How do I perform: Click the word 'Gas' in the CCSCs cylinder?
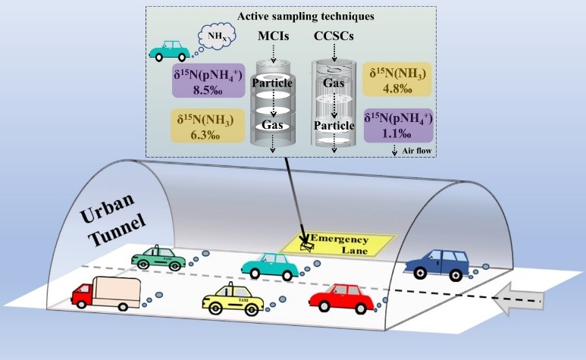[x=334, y=81]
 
